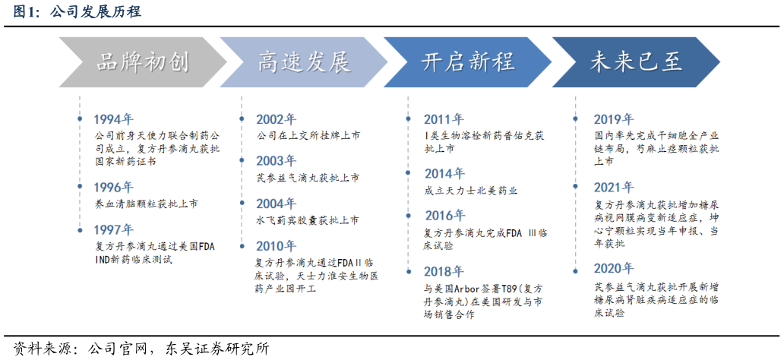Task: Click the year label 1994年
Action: (x=113, y=119)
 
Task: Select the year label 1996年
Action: (x=113, y=187)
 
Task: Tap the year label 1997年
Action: (x=113, y=229)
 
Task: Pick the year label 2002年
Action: (x=276, y=119)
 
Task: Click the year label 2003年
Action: (x=276, y=161)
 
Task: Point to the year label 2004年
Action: (x=276, y=204)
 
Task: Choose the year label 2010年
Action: (x=276, y=246)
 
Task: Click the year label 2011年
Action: (x=444, y=119)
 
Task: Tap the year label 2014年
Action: (x=444, y=174)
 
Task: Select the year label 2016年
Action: (x=444, y=216)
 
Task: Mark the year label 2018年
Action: (x=444, y=271)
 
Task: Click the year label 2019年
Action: (x=613, y=119)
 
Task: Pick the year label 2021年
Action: (x=613, y=187)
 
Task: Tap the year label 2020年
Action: (x=613, y=268)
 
